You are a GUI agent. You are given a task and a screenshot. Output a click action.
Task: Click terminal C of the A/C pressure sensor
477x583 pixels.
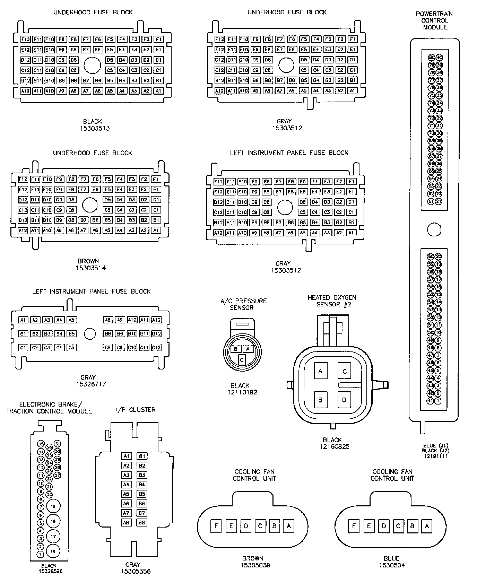click(x=242, y=359)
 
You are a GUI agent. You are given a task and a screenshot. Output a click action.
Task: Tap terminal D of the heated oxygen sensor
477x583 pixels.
click(x=344, y=400)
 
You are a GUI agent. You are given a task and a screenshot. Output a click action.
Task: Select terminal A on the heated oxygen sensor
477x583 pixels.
click(x=320, y=371)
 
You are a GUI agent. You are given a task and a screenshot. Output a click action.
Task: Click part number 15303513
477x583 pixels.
click(x=93, y=128)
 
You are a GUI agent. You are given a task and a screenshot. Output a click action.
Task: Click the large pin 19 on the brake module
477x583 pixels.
click(x=53, y=506)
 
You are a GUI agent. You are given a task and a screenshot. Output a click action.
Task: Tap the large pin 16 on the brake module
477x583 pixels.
click(x=53, y=551)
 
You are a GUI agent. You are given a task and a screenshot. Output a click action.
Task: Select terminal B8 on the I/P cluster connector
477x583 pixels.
click(x=142, y=522)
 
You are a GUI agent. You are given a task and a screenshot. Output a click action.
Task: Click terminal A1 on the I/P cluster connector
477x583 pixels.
click(x=126, y=456)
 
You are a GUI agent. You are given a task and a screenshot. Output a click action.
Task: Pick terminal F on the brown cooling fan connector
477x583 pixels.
click(x=216, y=526)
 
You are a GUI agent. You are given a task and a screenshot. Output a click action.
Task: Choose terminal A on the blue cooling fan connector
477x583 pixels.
click(x=427, y=526)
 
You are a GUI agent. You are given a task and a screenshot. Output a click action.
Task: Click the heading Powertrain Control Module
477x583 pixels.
click(x=434, y=20)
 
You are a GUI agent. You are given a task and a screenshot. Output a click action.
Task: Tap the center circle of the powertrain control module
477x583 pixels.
click(x=434, y=229)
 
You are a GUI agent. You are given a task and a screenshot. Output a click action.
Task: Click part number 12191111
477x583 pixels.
click(x=435, y=456)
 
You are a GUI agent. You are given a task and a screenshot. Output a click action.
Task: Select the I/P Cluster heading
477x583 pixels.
click(x=136, y=410)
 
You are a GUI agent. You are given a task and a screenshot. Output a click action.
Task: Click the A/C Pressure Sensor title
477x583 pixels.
click(x=243, y=304)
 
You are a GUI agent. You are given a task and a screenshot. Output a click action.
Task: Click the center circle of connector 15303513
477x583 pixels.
click(x=92, y=65)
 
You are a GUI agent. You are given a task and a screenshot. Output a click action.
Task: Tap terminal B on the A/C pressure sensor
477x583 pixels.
click(x=236, y=349)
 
